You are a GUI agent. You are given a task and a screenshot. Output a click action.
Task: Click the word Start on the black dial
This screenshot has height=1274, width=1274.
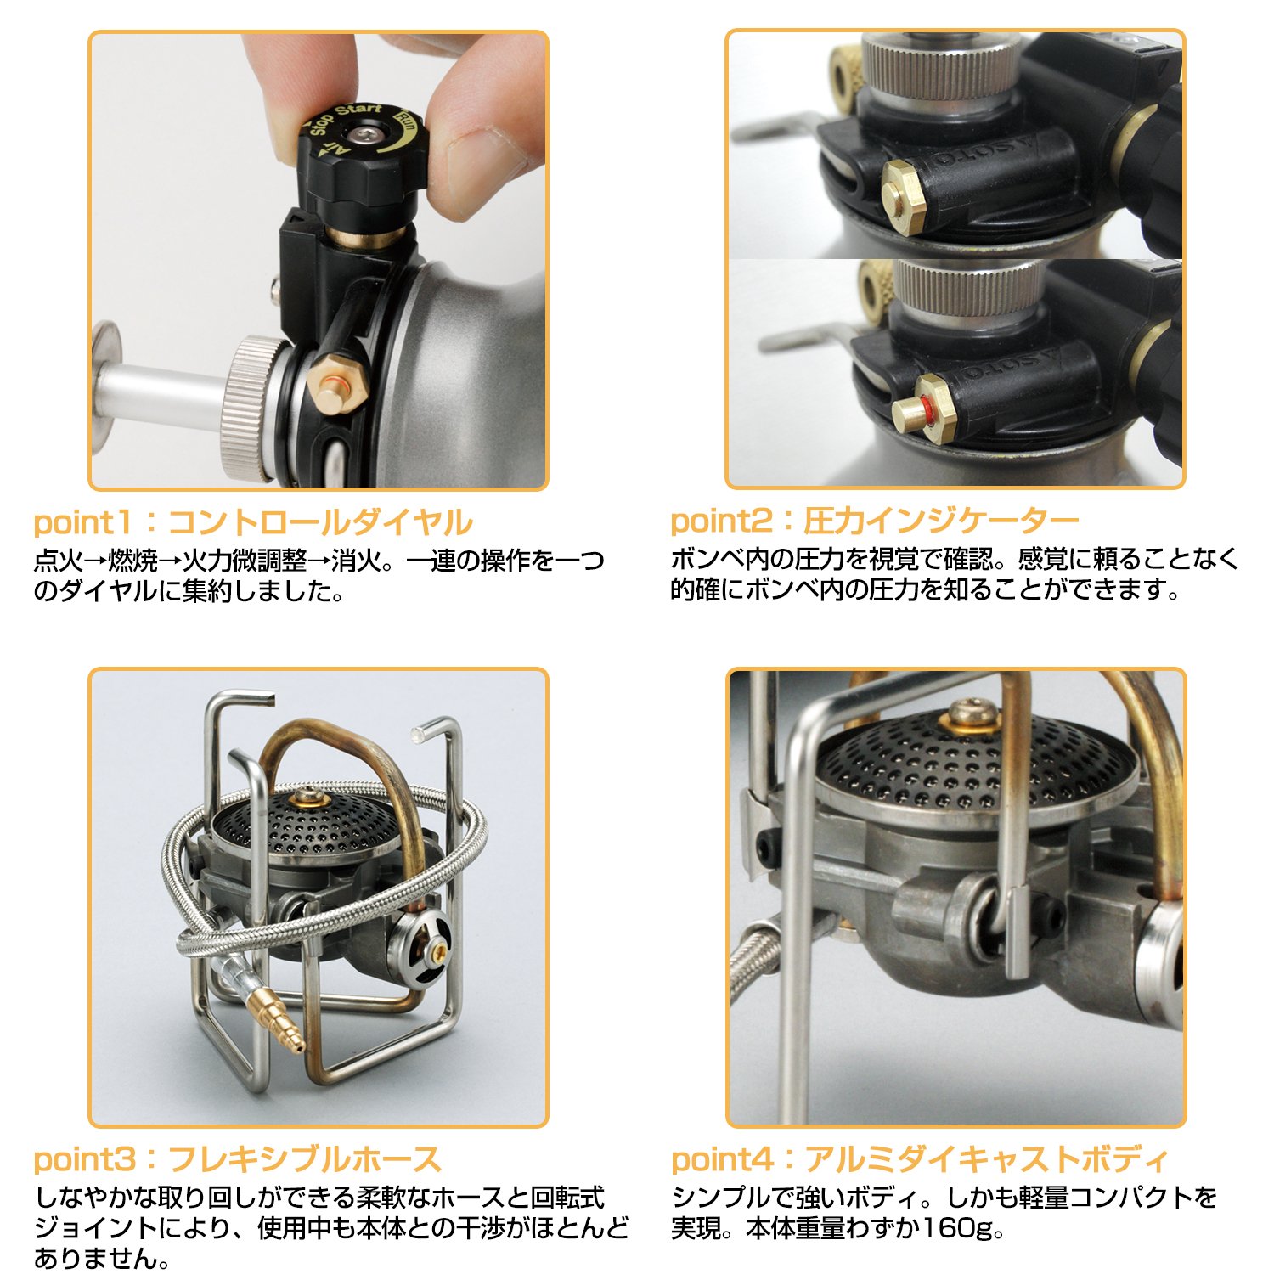pos(358,114)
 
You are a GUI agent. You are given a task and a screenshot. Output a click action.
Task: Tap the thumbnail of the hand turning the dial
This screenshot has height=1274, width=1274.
pos(318,260)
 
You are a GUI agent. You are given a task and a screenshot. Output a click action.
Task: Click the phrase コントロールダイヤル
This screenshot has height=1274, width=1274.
pos(320,522)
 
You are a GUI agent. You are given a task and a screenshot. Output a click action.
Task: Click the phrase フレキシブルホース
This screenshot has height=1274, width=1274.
pos(305,1159)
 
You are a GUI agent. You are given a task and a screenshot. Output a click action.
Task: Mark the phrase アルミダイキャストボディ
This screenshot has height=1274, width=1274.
pos(987,1159)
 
